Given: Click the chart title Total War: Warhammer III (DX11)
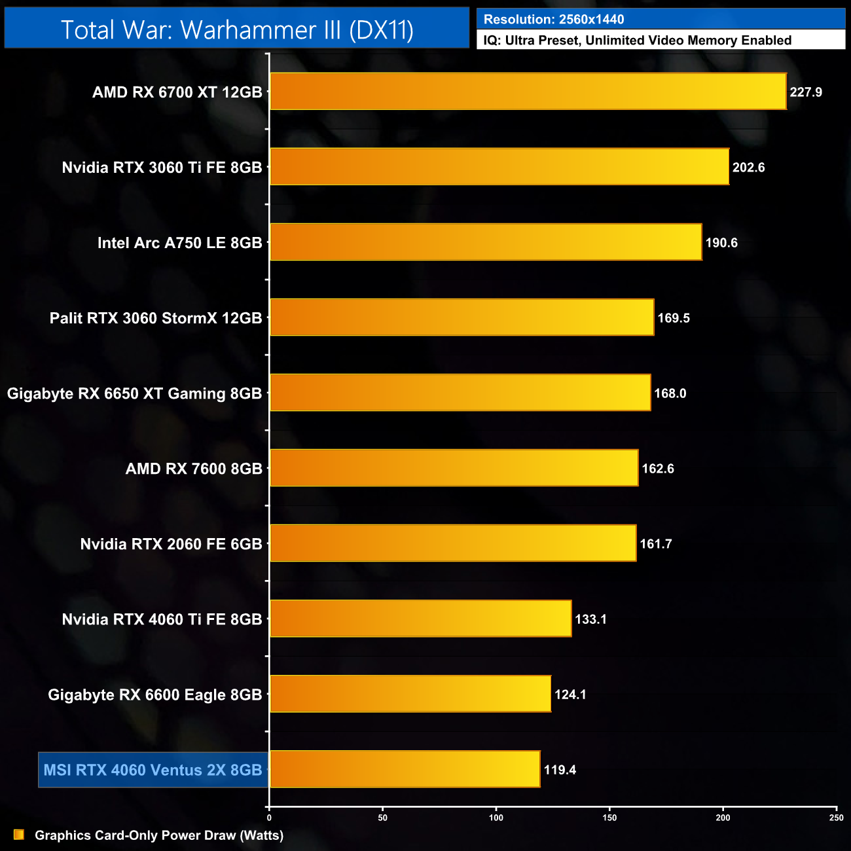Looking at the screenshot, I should click(x=237, y=30).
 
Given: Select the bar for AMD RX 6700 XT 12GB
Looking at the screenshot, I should click(x=528, y=92).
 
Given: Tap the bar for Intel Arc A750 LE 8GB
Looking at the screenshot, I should click(x=486, y=242).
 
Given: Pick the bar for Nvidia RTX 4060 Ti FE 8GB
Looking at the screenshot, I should click(x=420, y=619).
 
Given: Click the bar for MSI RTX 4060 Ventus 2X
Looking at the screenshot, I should click(x=405, y=769).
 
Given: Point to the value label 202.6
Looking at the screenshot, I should click(x=748, y=168).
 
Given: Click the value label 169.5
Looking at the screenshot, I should click(x=674, y=318).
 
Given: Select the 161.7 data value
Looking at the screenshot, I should click(x=656, y=544).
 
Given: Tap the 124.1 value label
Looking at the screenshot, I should click(x=570, y=695).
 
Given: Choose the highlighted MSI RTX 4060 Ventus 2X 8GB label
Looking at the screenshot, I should click(x=153, y=770).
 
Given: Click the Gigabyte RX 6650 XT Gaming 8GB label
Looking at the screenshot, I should click(x=134, y=393).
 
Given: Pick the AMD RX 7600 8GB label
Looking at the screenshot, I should click(x=194, y=469).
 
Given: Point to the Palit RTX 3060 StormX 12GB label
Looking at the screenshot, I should click(x=156, y=318).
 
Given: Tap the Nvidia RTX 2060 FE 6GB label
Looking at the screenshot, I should click(x=171, y=544).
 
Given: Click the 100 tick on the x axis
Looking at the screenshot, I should click(x=496, y=818).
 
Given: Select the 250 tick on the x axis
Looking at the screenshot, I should click(x=836, y=818).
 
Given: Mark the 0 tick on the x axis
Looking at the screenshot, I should click(x=269, y=818).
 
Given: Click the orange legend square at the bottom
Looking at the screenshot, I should click(x=19, y=835).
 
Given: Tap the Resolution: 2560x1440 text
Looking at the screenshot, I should click(x=554, y=20).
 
